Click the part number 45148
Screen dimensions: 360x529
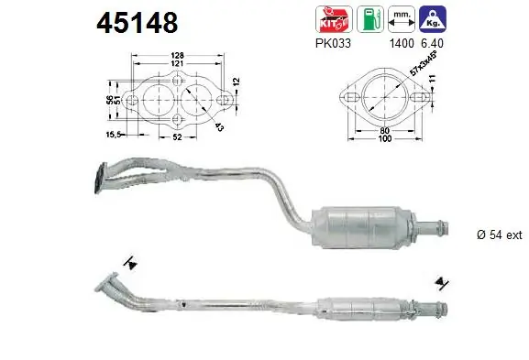(x=138, y=23)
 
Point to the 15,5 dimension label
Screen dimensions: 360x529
(x=115, y=135)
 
